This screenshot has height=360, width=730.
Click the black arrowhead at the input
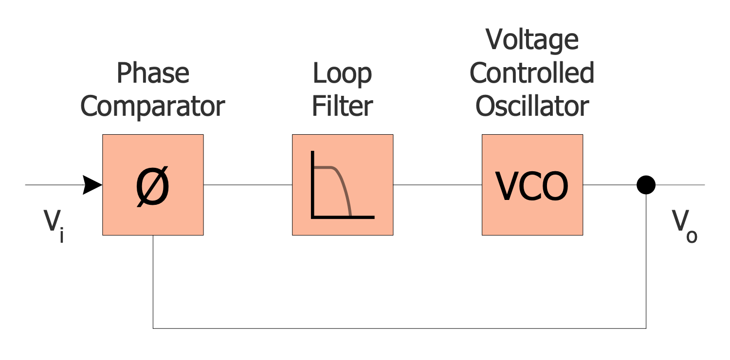click(x=92, y=185)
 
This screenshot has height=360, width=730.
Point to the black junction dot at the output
click(x=646, y=185)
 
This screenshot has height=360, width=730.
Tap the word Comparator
click(x=152, y=106)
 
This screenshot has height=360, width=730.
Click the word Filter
click(x=342, y=106)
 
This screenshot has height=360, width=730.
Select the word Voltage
click(x=532, y=40)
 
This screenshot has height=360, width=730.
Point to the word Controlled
click(x=532, y=73)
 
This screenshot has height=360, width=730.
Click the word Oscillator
click(x=532, y=106)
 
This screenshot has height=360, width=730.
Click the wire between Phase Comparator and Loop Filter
click(x=248, y=185)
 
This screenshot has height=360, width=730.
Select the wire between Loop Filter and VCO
click(x=438, y=185)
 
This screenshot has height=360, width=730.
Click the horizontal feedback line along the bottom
click(x=399, y=328)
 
